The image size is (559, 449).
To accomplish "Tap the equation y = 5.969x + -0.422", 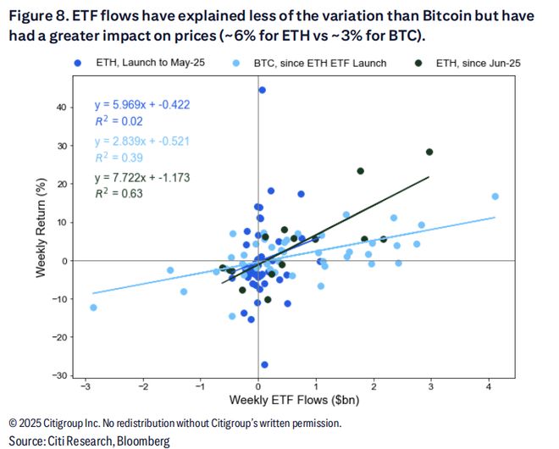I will tap(141, 106).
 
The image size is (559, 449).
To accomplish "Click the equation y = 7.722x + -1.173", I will tap(141, 178).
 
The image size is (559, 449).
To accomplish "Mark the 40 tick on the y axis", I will tap(62, 108).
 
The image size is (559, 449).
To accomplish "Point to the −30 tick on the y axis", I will tap(59, 375).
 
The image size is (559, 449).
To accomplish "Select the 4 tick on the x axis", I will tap(489, 386).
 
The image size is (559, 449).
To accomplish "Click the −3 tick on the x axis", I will tap(85, 386).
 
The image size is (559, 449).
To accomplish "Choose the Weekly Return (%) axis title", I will tap(41, 232).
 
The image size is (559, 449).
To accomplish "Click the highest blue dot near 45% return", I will tap(262, 90).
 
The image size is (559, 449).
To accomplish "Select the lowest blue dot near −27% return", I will tap(264, 364).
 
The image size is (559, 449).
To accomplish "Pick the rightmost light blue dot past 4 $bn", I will tap(495, 197).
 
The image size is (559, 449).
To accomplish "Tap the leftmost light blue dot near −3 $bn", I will tap(93, 308).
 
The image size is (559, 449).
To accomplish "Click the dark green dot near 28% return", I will tap(429, 152).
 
